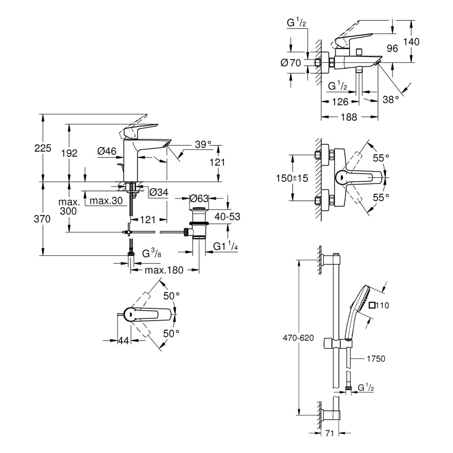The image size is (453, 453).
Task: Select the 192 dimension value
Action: (69, 153)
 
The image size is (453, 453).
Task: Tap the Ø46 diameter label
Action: (107, 151)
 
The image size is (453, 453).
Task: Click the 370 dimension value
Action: (43, 219)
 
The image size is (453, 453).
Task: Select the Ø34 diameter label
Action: (158, 192)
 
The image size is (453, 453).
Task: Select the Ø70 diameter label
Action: (291, 63)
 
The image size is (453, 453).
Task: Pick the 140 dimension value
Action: (411, 41)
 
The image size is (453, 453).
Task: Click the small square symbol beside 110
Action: (371, 305)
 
